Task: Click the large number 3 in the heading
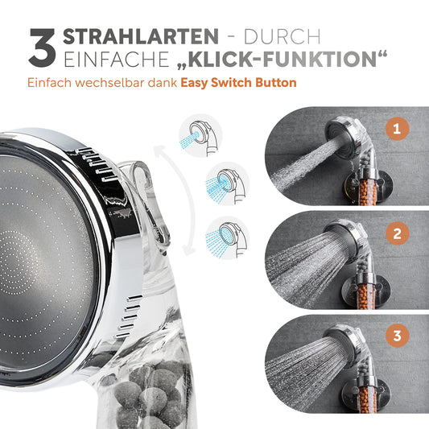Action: click(x=43, y=47)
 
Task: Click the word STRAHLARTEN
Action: click(x=141, y=36)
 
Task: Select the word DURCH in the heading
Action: click(x=282, y=36)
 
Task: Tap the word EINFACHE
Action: click(x=117, y=59)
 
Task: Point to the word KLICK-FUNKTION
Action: click(x=282, y=59)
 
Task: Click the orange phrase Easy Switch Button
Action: click(x=238, y=83)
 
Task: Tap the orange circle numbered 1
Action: click(x=397, y=129)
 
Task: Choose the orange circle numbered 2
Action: click(x=397, y=233)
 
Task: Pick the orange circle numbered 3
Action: click(x=397, y=336)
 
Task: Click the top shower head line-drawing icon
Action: click(x=200, y=136)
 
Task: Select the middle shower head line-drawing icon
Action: click(x=227, y=184)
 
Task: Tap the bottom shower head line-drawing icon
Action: click(x=227, y=237)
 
